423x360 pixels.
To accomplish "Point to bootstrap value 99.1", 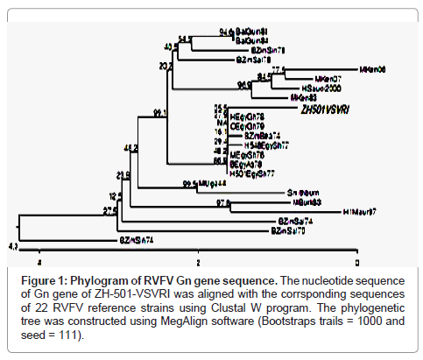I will pyautogui.click(x=159, y=113).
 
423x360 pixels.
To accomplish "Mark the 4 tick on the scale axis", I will pyautogui.click(x=39, y=260).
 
